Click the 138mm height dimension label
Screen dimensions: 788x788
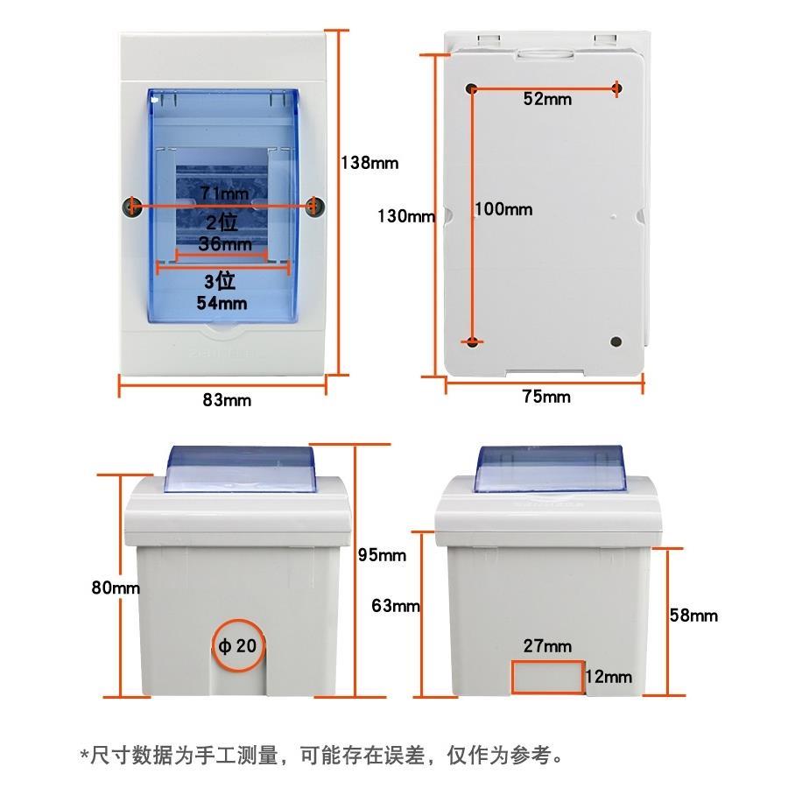[x=369, y=163]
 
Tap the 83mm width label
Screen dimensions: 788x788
[x=227, y=400]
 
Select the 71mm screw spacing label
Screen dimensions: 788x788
[x=225, y=193]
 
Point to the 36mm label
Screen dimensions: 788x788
[x=225, y=243]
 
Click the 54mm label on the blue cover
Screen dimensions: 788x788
[x=222, y=303]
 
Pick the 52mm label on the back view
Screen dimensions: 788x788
[x=547, y=98]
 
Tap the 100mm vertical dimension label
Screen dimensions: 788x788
[x=503, y=209]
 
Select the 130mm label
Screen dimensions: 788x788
[x=406, y=216]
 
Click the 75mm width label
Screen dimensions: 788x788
[x=546, y=397]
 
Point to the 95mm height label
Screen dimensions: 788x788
[x=382, y=555]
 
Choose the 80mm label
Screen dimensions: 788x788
[x=116, y=587]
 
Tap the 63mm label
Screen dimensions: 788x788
[x=396, y=606]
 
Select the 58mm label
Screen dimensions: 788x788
[x=693, y=616]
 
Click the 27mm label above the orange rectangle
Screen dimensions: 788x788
[x=547, y=646]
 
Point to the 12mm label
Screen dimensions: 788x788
[x=609, y=677]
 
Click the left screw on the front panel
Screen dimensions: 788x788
[x=131, y=206]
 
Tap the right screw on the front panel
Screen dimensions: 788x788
[x=314, y=206]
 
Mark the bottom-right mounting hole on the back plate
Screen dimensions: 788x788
[x=616, y=341]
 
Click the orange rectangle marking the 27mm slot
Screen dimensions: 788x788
[x=548, y=662]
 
